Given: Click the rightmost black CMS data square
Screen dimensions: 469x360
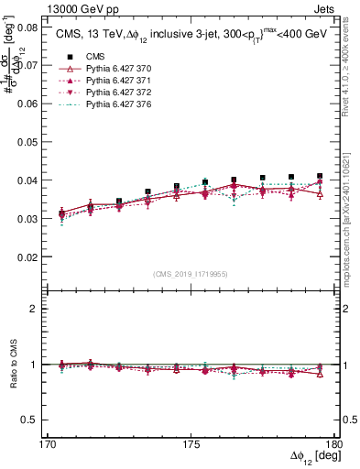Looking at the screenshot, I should click(x=320, y=176).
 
